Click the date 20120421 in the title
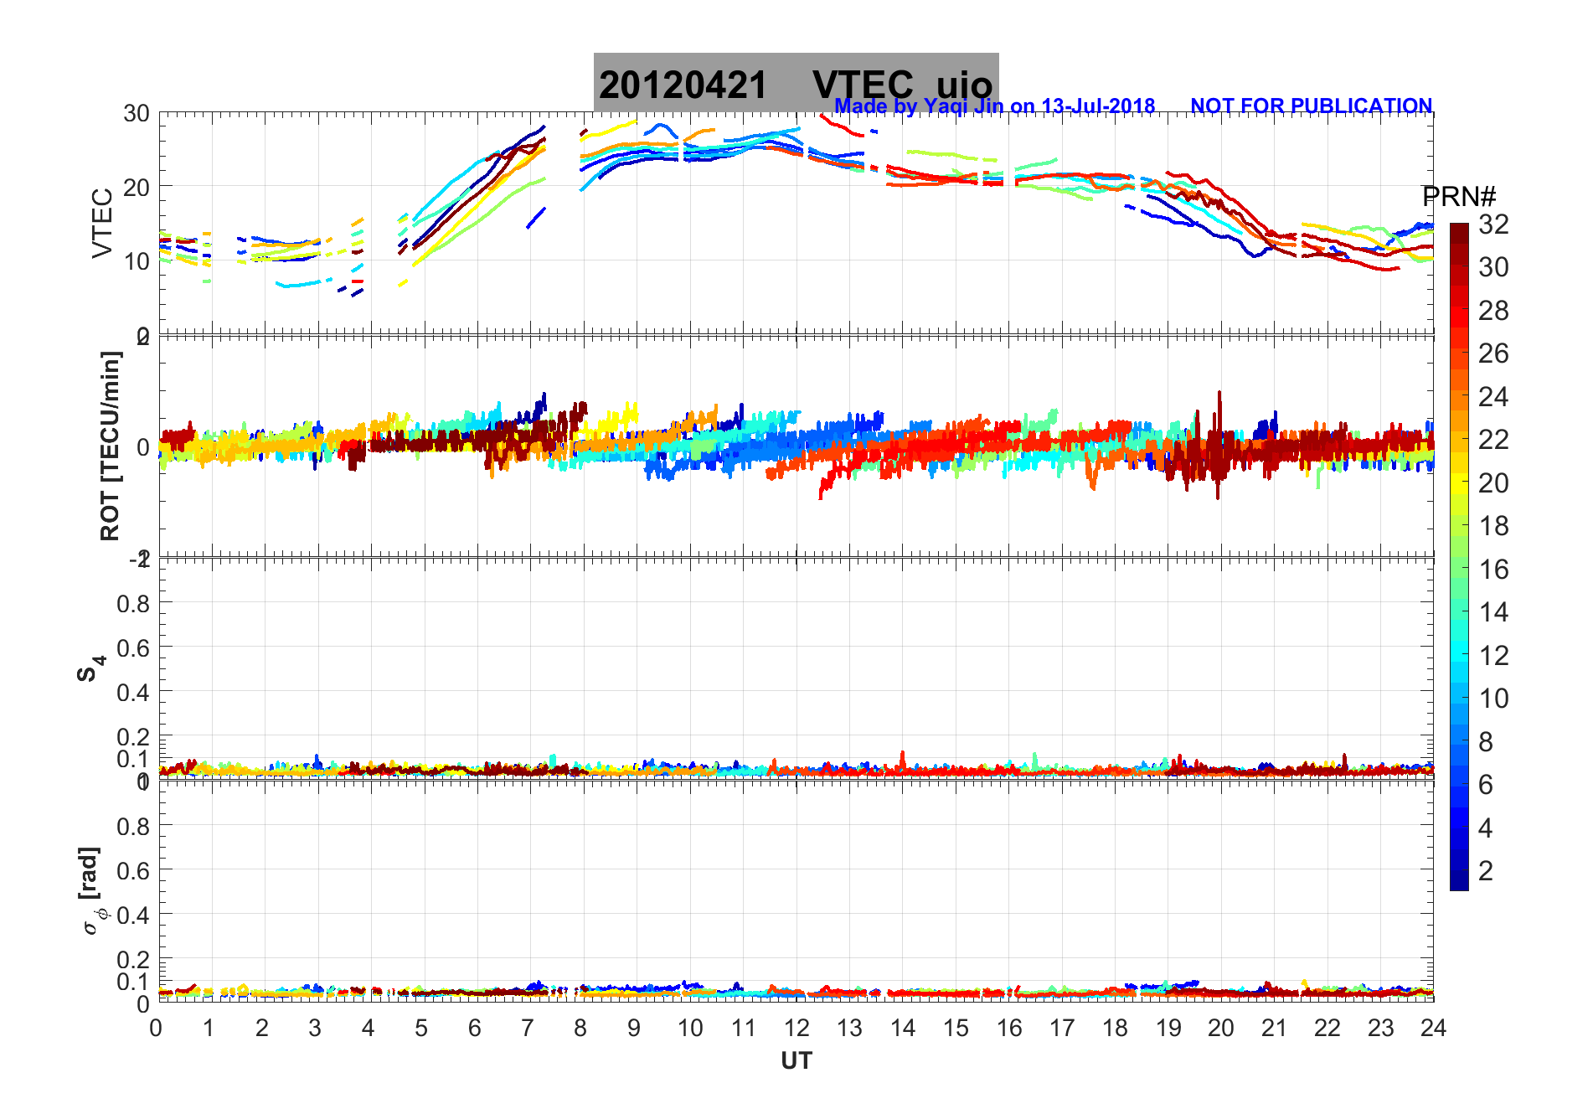tap(683, 85)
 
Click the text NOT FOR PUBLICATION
tap(1311, 106)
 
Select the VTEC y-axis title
tap(102, 223)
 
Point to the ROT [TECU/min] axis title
tap(110, 446)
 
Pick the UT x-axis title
tap(796, 1061)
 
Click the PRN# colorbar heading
tap(1459, 197)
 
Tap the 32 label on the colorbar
tap(1493, 224)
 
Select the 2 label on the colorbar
tap(1486, 871)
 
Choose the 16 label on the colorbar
tap(1493, 570)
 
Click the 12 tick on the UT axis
tap(796, 1028)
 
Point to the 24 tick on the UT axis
tap(1433, 1028)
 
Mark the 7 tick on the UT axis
tap(528, 1028)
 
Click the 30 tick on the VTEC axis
tap(137, 113)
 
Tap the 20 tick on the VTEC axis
tap(137, 187)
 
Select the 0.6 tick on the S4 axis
tap(133, 647)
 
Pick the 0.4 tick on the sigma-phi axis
tap(133, 915)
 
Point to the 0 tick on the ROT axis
tap(143, 446)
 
